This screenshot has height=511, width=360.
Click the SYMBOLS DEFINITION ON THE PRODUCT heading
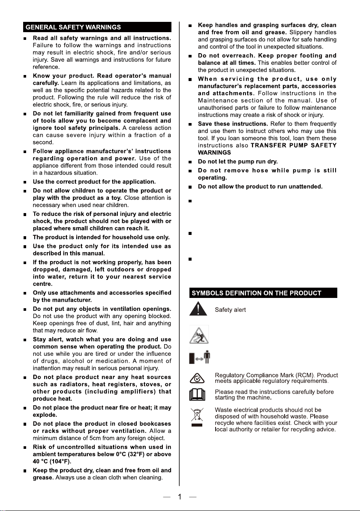tap(256, 293)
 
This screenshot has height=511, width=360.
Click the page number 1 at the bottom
tap(180, 497)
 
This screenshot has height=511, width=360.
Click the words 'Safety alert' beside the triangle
tap(230, 310)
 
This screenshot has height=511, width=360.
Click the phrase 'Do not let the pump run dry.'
tap(244, 162)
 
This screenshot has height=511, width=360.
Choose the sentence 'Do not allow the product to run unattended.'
tap(260, 186)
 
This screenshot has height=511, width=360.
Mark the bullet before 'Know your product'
tap(26, 76)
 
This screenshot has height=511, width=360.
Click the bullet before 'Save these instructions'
tap(189, 124)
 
